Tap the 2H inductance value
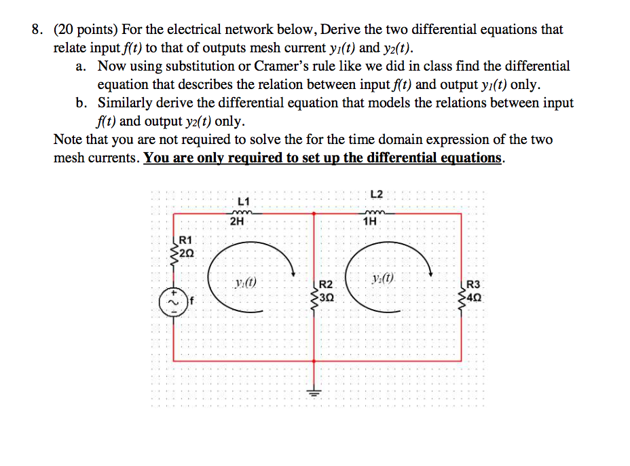tap(238, 221)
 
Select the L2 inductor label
tap(377, 194)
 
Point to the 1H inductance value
tap(371, 221)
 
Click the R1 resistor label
tap(186, 240)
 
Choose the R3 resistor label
tap(474, 285)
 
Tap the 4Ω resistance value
tap(475, 296)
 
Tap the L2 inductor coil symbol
tap(371, 211)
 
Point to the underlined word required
tap(257, 158)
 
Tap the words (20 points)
tap(86, 30)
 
